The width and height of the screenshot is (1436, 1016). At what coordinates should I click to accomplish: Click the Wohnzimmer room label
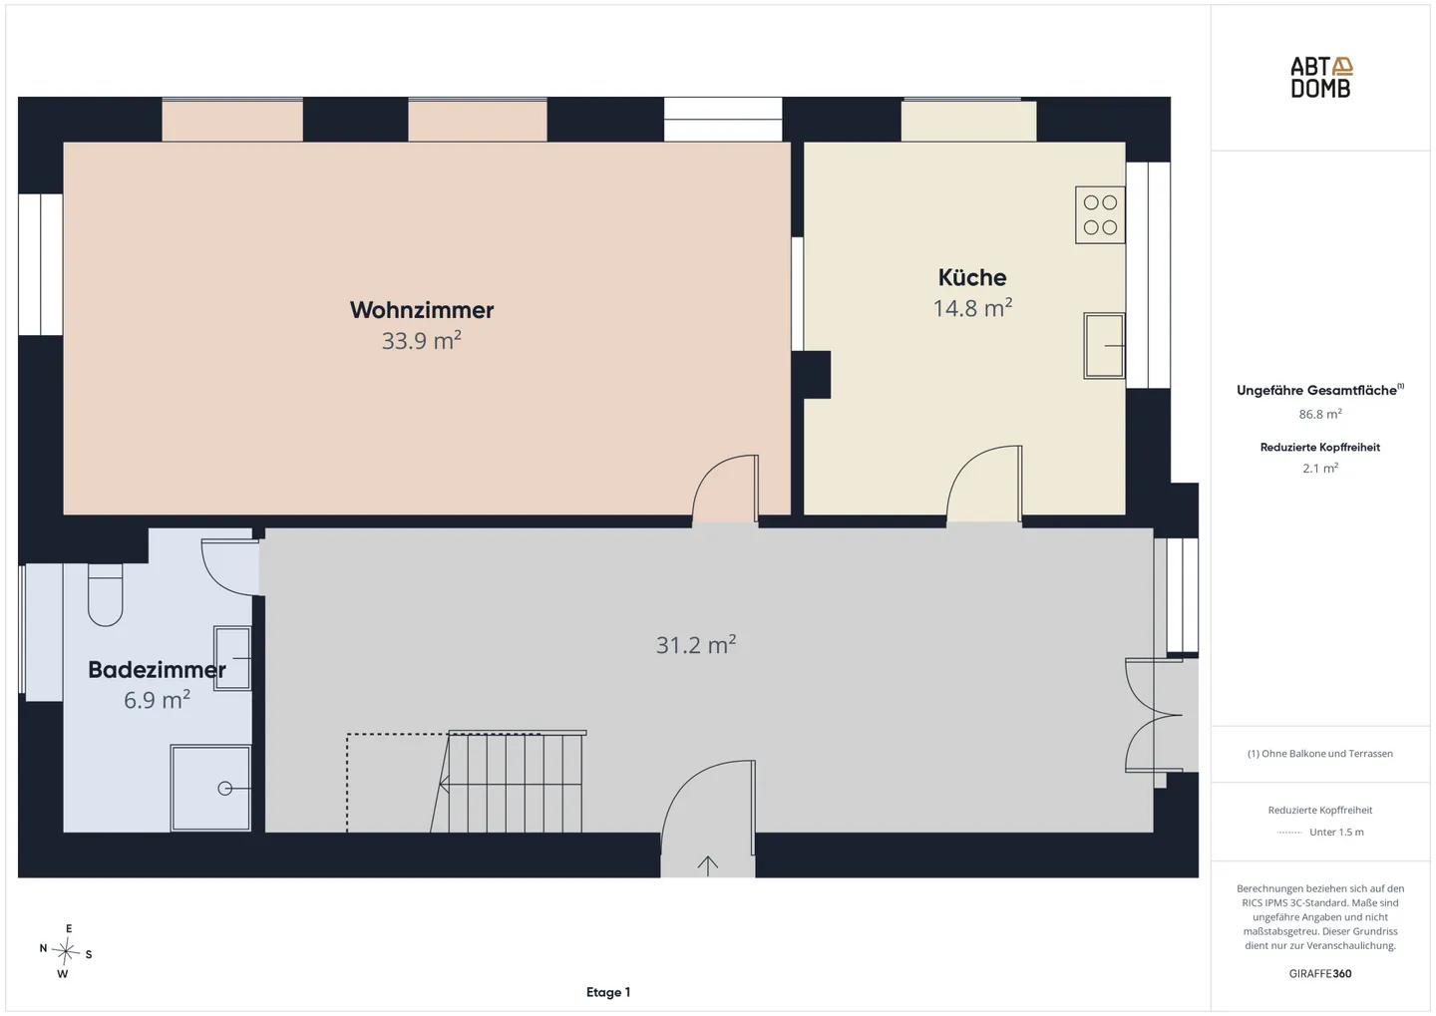(421, 310)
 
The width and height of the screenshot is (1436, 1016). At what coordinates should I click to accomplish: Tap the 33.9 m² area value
(421, 340)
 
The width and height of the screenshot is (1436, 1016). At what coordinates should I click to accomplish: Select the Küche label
(972, 277)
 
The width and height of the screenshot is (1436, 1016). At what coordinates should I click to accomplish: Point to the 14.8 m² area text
(972, 308)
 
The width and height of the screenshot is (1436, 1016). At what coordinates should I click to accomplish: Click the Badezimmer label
(157, 670)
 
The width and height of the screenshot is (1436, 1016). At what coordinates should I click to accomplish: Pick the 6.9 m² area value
(157, 699)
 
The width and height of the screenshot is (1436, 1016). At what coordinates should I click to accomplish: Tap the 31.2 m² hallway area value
(696, 645)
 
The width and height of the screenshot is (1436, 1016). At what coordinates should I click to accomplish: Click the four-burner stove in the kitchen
(1100, 214)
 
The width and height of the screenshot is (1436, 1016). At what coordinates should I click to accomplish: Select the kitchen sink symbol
(1104, 346)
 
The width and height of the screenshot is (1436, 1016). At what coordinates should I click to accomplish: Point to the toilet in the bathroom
(105, 595)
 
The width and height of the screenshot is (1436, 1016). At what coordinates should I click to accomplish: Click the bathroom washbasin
(231, 658)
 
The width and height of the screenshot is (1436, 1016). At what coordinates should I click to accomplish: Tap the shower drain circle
(225, 789)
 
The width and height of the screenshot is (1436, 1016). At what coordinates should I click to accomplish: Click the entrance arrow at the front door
(707, 866)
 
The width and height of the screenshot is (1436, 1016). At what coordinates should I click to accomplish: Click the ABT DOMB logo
(1320, 78)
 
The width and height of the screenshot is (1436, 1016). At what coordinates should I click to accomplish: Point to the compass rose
(66, 951)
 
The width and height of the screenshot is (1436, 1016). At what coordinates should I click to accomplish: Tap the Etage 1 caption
(608, 992)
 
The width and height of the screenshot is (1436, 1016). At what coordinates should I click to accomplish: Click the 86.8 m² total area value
(1320, 414)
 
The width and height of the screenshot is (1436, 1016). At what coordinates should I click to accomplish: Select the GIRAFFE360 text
(1320, 974)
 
